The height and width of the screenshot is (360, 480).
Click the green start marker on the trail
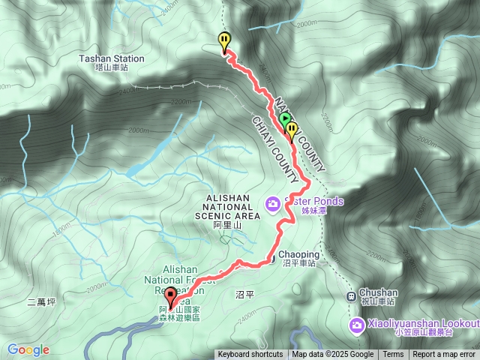(x=284, y=119)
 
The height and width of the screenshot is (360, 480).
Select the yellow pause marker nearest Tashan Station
(x=224, y=40)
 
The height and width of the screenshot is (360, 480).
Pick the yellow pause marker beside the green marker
(x=292, y=130)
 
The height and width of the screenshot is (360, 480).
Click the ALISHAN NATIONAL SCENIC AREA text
(x=226, y=206)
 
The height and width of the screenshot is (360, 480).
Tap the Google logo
(x=28, y=349)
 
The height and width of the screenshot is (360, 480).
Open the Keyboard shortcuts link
(x=250, y=355)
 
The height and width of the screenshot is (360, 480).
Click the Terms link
(x=393, y=355)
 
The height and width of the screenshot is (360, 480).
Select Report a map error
(x=445, y=355)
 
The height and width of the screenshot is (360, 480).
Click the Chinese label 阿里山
(x=226, y=225)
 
